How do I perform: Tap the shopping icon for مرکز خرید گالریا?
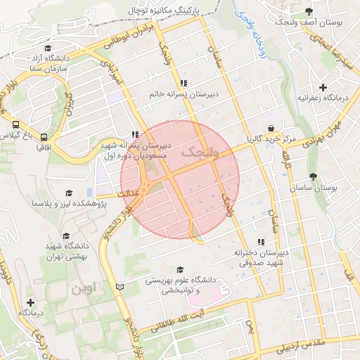click(271, 127)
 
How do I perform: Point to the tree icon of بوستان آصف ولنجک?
click(309, 11)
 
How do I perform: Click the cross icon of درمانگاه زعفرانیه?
click(323, 88)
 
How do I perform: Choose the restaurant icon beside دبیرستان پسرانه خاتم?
click(183, 82)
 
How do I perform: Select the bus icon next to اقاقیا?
click(44, 138)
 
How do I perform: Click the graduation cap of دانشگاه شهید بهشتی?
click(66, 236)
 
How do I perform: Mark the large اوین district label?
click(86, 288)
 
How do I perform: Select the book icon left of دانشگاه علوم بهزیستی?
click(119, 287)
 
